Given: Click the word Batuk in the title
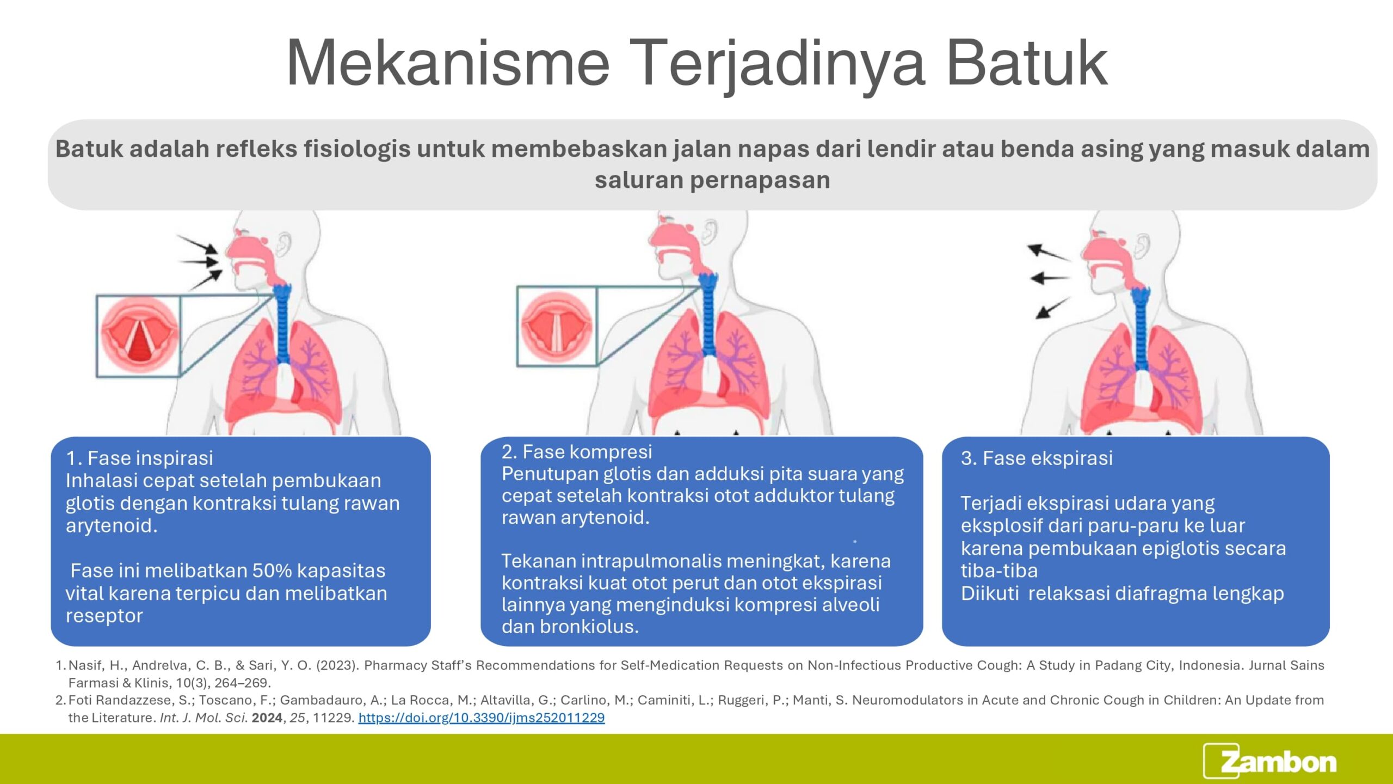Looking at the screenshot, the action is [1027, 63].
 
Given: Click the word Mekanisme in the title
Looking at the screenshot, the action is [448, 63].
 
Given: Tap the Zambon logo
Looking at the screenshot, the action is [1270, 761].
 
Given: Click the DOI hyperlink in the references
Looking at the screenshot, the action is [482, 718].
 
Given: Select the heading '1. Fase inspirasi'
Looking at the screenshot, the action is [139, 458].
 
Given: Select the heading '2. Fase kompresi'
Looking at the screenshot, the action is [577, 452].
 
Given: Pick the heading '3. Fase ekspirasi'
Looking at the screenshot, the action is [1037, 458].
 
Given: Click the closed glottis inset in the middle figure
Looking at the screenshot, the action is [557, 326].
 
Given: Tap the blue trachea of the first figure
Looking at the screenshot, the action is [282, 323].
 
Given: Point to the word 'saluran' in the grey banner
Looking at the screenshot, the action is [639, 180].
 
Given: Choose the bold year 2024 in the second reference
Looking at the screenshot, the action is [267, 718].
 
